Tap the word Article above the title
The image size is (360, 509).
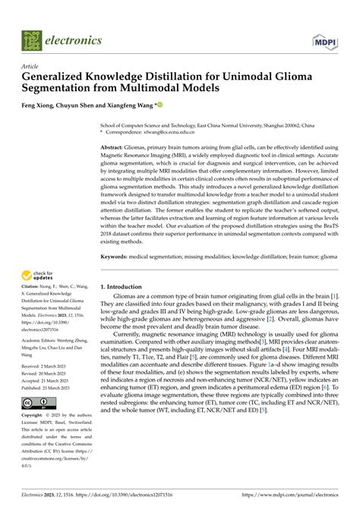[x=31, y=68]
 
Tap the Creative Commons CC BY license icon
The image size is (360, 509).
[x=36, y=403]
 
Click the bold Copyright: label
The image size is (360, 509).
[x=35, y=416]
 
